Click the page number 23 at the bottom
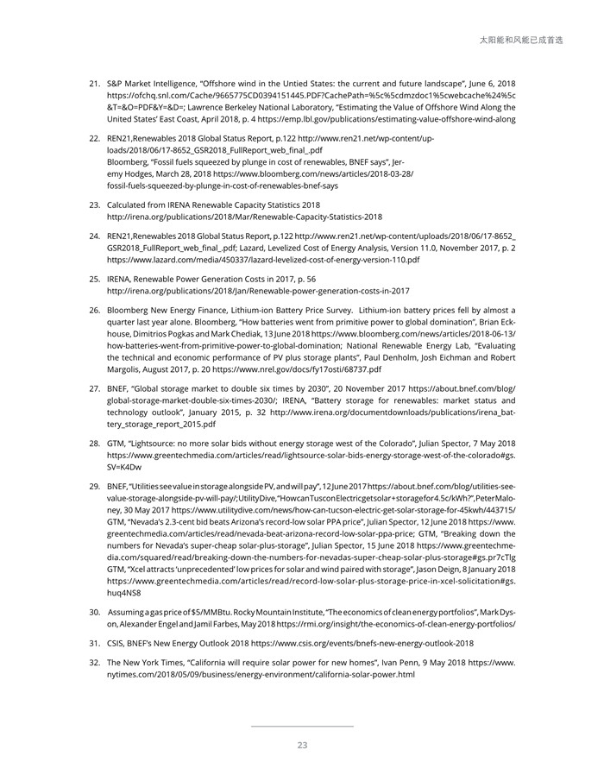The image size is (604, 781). (x=302, y=746)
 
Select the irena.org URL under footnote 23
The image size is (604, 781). (x=244, y=217)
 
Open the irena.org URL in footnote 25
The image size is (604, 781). (x=258, y=291)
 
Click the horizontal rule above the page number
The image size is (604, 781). (x=302, y=727)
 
